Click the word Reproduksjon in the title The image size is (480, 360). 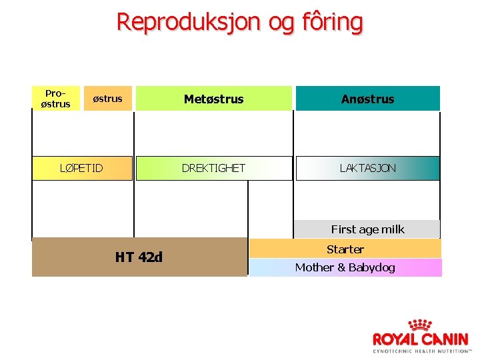189,22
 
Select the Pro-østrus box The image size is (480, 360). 56,99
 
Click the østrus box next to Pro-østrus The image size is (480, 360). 107,99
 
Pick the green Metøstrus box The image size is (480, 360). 214,99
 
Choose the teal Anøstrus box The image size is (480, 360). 367,99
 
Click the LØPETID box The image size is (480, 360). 82,168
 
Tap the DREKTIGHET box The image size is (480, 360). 214,168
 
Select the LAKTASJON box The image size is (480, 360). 367,168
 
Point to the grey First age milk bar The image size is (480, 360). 367,229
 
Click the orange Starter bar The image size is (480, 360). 345,249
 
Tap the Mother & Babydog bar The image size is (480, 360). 345,267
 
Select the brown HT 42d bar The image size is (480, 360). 139,257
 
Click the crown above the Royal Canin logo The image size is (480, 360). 420,325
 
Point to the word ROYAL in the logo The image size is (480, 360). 395,339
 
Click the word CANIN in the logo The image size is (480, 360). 444,339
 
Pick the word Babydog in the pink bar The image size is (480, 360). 371,267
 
